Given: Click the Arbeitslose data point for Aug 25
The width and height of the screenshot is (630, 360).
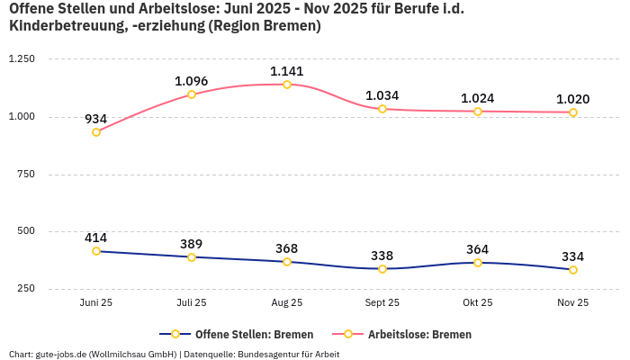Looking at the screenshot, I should [x=287, y=85].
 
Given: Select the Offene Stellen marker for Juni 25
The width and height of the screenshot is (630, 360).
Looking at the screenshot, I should [x=96, y=251].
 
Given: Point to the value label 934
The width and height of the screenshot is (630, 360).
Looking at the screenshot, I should [x=96, y=119].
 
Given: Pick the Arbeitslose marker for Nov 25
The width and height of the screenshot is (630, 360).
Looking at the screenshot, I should [x=573, y=112].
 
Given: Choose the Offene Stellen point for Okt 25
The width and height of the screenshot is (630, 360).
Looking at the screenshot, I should [x=478, y=263].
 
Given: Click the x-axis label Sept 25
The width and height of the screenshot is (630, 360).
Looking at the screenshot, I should [x=382, y=303].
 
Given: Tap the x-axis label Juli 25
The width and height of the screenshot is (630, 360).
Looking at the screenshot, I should [x=192, y=303].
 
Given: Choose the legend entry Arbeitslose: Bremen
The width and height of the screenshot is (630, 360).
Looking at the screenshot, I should [x=419, y=334].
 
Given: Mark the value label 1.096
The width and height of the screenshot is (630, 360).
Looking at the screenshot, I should [x=192, y=81].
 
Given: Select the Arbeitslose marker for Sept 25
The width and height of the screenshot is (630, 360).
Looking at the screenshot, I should [x=382, y=109].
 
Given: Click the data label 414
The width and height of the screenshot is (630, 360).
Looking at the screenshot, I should [x=96, y=238].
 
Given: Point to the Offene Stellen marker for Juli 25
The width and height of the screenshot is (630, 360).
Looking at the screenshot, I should [x=192, y=257].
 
